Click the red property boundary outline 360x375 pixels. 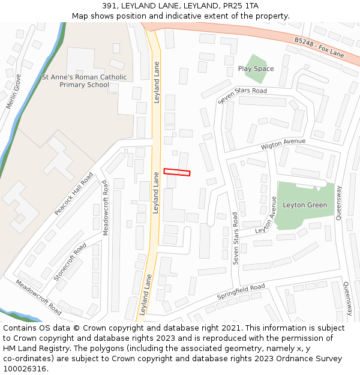click(x=177, y=172)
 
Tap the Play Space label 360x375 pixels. click(x=256, y=69)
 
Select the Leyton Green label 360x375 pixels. click(x=305, y=205)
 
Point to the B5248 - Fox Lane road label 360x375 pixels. click(x=319, y=47)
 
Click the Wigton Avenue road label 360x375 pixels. click(x=283, y=144)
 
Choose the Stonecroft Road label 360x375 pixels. click(x=70, y=262)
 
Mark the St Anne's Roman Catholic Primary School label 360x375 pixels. click(x=84, y=81)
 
